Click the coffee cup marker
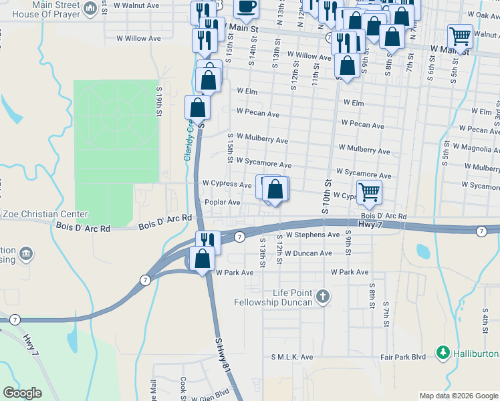[x=246, y=7]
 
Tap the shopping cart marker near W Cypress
[x=369, y=192]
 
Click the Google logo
[x=22, y=393]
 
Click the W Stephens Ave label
[x=313, y=235]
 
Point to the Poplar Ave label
[x=222, y=203]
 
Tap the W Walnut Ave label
[x=137, y=5]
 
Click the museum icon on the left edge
[x=26, y=253]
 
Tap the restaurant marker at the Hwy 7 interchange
[x=207, y=241]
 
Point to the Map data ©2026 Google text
[x=459, y=396]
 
